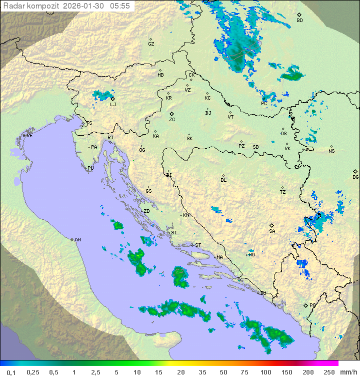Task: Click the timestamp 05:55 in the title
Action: click(x=119, y=6)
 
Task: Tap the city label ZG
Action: click(x=172, y=120)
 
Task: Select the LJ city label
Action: click(x=113, y=104)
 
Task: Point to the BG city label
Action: click(x=355, y=177)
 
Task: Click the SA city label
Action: click(x=272, y=231)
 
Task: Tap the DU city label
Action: click(x=262, y=293)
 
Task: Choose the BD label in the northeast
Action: click(x=299, y=21)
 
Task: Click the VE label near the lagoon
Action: click(x=29, y=136)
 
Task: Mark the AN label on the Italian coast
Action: click(x=77, y=240)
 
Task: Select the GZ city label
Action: click(x=151, y=44)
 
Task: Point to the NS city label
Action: click(x=331, y=151)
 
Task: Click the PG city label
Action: click(x=312, y=305)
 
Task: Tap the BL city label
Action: click(x=223, y=180)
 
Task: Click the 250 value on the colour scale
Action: click(x=328, y=372)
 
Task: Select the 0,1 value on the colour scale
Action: click(x=11, y=372)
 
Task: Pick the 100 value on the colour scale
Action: click(x=265, y=372)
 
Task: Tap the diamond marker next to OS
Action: click(x=284, y=128)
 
